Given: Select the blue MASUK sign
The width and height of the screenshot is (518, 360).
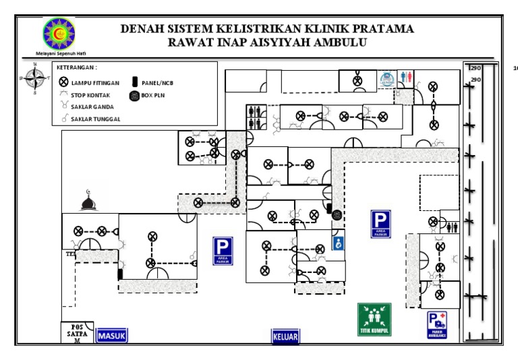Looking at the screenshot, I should [112, 335].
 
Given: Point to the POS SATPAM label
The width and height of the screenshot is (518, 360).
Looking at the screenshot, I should [77, 333].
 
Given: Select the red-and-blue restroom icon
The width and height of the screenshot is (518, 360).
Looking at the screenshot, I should [405, 77].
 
